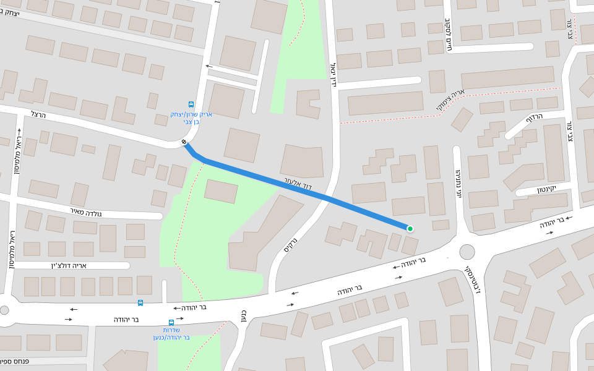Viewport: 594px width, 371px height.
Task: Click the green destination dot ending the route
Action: pyautogui.click(x=410, y=229)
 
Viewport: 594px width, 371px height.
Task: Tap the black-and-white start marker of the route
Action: pyautogui.click(x=184, y=143)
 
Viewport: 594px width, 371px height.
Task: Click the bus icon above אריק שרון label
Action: pyautogui.click(x=191, y=105)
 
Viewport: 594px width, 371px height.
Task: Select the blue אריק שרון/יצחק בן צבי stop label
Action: pyautogui.click(x=191, y=118)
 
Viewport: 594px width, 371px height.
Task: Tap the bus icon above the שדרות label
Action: pyautogui.click(x=171, y=322)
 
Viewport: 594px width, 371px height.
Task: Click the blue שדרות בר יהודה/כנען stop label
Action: pyautogui.click(x=171, y=334)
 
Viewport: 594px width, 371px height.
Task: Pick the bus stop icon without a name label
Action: pyautogui.click(x=140, y=302)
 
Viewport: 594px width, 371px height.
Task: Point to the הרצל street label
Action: pyautogui.click(x=38, y=114)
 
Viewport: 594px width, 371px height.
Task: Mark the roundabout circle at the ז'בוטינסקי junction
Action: pyautogui.click(x=467, y=252)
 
